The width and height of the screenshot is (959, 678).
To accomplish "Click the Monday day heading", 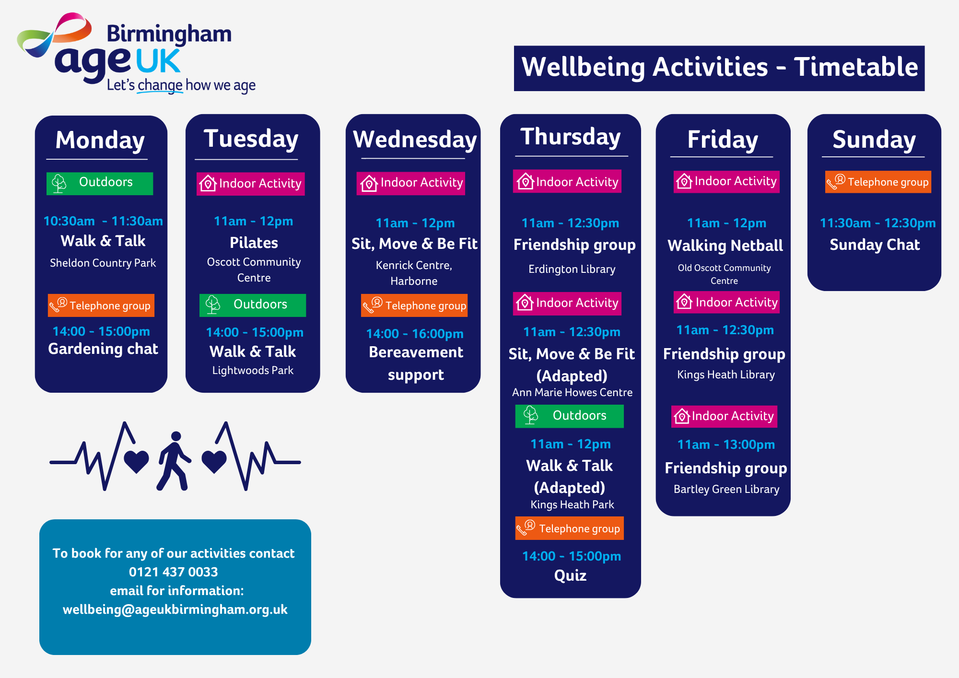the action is [x=100, y=141].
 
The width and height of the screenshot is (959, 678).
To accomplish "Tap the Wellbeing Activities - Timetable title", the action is [x=719, y=68].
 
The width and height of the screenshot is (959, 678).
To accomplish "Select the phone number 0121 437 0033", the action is [x=173, y=572].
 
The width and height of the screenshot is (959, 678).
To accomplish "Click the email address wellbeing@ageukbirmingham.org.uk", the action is [x=175, y=609].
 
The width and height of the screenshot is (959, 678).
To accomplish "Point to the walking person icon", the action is [x=174, y=461].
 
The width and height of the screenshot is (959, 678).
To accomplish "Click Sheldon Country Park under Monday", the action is [x=103, y=263].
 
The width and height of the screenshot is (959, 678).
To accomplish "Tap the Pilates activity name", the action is [x=254, y=243].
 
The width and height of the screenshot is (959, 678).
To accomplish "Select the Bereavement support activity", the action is [x=416, y=363].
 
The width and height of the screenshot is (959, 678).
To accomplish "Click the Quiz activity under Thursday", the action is [x=570, y=575].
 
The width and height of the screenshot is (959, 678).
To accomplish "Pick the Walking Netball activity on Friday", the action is [x=725, y=245].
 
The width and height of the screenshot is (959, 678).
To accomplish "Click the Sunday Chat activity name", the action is [x=875, y=245].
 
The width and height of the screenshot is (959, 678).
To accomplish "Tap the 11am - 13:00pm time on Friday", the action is [x=726, y=444].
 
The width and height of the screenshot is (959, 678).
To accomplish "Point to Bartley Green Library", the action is [x=726, y=489].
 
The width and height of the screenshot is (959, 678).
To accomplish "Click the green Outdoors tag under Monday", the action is [x=100, y=183].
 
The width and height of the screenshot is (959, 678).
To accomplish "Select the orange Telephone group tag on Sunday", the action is [x=878, y=182].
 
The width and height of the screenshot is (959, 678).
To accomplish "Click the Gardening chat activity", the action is [x=103, y=349].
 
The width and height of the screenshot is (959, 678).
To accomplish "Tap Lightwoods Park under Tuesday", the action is [x=253, y=370].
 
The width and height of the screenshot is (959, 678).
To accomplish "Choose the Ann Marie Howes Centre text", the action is [x=572, y=392].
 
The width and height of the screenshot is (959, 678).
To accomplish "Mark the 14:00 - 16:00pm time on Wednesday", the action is [x=415, y=334].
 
